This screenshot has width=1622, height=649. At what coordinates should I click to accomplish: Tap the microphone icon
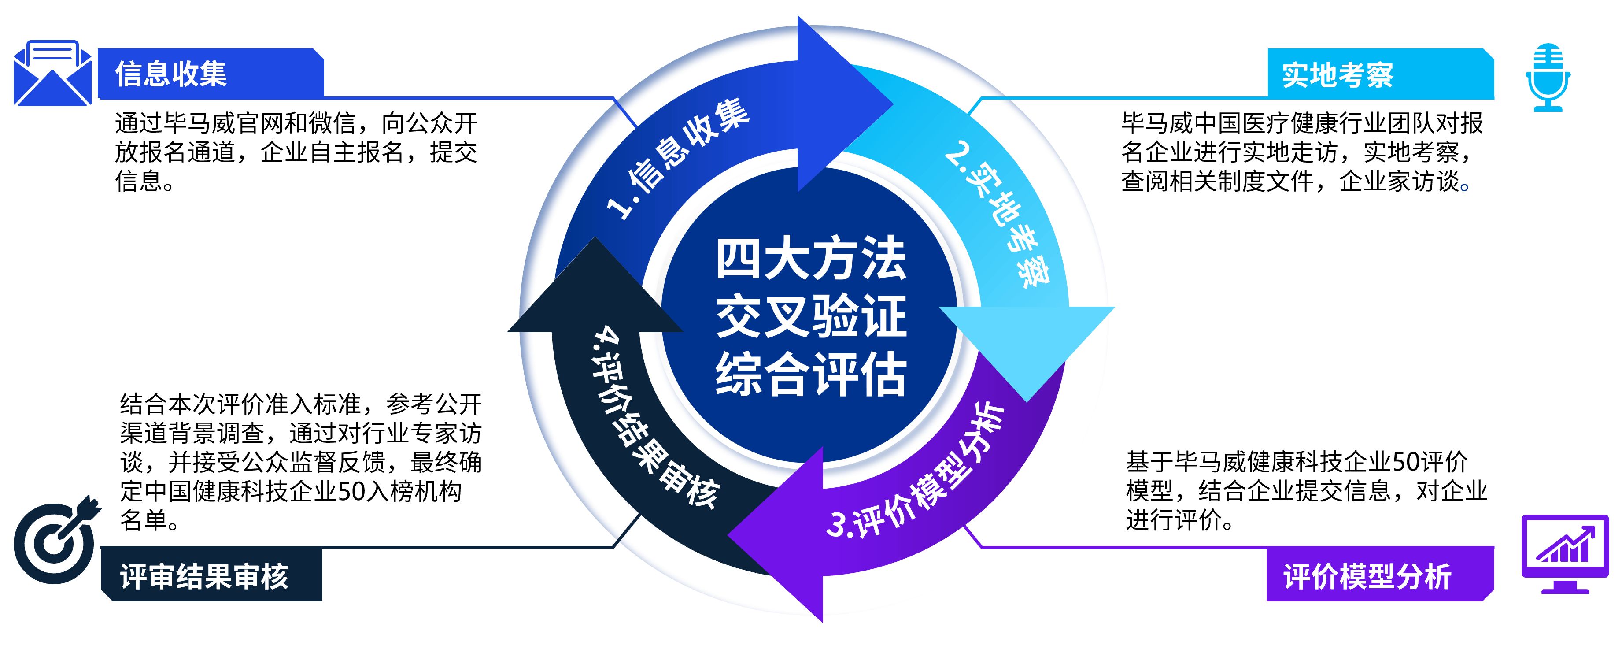[1547, 77]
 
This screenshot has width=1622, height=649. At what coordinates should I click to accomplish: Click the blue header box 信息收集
[211, 73]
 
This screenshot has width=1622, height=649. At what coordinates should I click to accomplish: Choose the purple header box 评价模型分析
[1379, 575]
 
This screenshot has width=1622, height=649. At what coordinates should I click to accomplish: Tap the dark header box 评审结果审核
[211, 575]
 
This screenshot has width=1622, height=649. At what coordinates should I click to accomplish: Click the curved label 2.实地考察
[998, 214]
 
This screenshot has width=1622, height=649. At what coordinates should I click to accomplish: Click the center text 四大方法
[811, 258]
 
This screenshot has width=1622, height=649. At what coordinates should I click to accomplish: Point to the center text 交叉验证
[811, 316]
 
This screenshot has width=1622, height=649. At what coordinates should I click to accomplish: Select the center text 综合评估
[811, 374]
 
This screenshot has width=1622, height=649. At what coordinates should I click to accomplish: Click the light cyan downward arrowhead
[1026, 340]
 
